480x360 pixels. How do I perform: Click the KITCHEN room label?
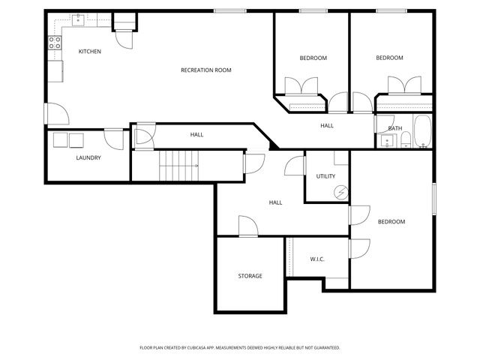(90, 51)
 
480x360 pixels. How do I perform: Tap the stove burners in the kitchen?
(54, 43)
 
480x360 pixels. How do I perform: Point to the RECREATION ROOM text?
(205, 70)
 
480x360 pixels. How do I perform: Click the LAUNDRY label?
(88, 157)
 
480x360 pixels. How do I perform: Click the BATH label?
(395, 128)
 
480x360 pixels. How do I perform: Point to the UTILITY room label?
(325, 176)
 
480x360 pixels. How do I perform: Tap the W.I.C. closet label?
(316, 259)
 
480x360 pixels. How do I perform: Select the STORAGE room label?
(250, 276)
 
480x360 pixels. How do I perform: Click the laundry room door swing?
(114, 137)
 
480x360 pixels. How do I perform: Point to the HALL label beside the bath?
(327, 125)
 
